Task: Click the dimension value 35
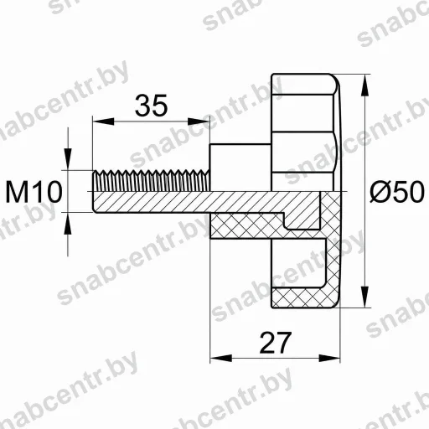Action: (151, 105)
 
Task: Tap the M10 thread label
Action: (34, 192)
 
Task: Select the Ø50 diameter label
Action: (397, 191)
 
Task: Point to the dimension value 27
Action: (276, 343)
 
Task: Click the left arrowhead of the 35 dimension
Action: (103, 121)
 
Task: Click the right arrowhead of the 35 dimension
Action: (199, 121)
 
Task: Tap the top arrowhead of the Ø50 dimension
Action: (364, 85)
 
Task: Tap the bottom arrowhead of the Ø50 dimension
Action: (364, 297)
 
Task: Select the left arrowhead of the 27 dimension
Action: (221, 358)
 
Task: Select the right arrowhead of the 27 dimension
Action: (329, 358)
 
